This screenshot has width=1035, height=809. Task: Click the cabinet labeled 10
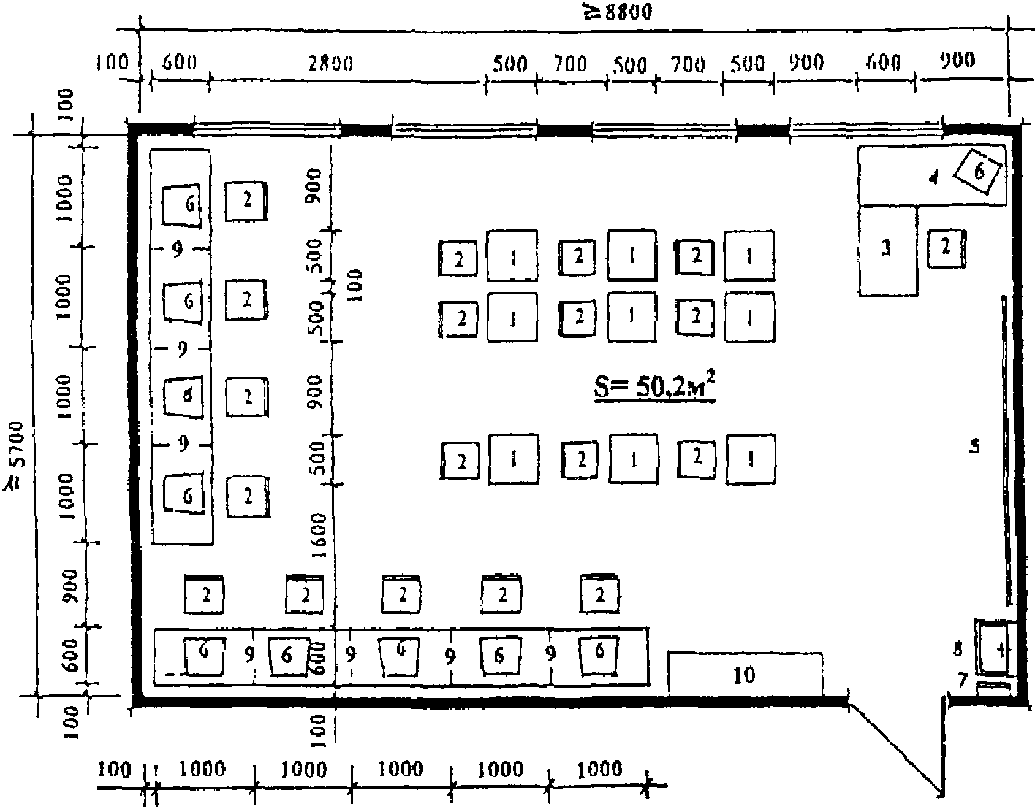pyautogui.click(x=745, y=675)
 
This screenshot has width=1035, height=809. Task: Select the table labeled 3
pyautogui.click(x=887, y=251)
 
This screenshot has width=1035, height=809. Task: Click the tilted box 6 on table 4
pyautogui.click(x=979, y=172)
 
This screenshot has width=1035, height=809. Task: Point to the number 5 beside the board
pyautogui.click(x=974, y=446)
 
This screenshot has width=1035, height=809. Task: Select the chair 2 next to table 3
pyautogui.click(x=946, y=248)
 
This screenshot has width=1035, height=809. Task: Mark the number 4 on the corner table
pyautogui.click(x=933, y=179)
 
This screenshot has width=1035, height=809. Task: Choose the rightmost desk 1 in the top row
pyautogui.click(x=749, y=256)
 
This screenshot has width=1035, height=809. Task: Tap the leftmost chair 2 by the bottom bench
pyautogui.click(x=205, y=594)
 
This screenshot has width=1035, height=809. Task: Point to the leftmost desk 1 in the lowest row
pyautogui.click(x=514, y=459)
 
